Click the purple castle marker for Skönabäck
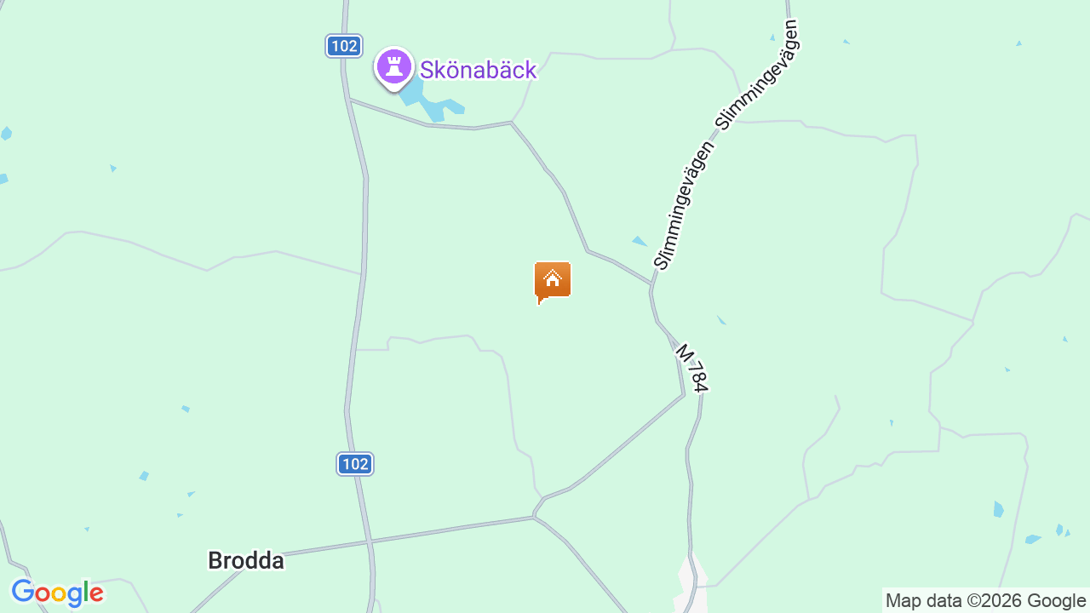pos(393,66)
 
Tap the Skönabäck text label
pos(479,70)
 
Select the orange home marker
pos(553,280)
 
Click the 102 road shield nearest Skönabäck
pos(344,46)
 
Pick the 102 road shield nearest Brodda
pos(355,464)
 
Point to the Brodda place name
pos(246,561)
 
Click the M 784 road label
pos(691,368)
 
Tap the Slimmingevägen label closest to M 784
pos(684,207)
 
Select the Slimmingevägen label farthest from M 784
pos(760,74)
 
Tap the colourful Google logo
pos(57,593)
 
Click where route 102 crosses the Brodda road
pos(369,541)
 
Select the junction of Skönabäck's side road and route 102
pos(348,100)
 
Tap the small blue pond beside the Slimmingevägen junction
pos(640,242)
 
